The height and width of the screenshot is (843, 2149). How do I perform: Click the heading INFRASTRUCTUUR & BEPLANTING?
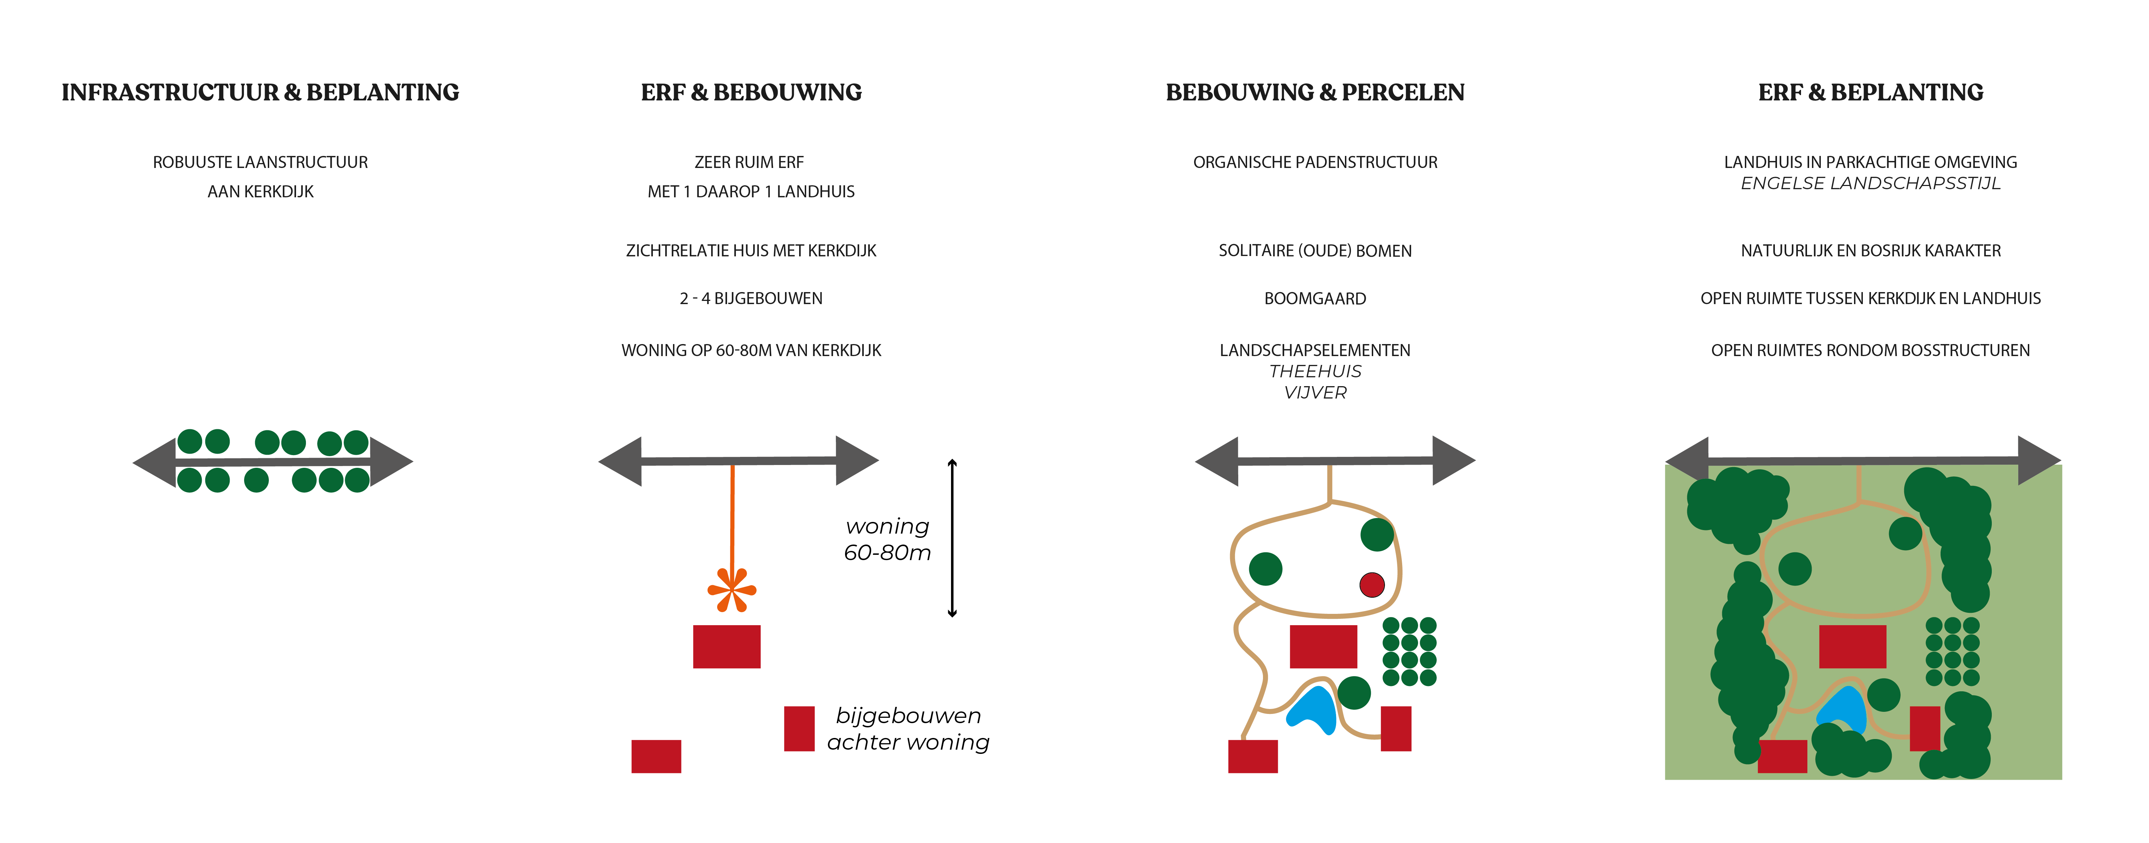(x=260, y=93)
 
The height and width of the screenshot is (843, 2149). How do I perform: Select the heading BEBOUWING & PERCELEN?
(x=1315, y=93)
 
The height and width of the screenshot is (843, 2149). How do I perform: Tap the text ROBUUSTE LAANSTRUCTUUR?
(x=260, y=162)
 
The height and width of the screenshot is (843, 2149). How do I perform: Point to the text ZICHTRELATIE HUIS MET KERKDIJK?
(x=751, y=250)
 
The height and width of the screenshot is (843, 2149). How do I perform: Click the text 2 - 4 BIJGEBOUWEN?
(x=751, y=298)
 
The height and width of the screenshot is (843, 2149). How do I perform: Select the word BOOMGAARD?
(x=1315, y=298)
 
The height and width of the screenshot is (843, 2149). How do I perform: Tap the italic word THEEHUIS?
(x=1315, y=371)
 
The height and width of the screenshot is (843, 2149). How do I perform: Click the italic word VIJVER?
(x=1315, y=392)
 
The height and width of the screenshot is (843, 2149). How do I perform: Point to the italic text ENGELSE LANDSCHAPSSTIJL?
(x=1870, y=184)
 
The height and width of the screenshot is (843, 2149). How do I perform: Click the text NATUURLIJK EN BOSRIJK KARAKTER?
(x=1870, y=250)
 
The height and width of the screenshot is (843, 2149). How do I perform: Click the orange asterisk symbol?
(x=732, y=589)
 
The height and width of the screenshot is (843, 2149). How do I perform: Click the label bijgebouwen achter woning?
(x=908, y=729)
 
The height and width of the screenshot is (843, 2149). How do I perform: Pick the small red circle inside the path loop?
(x=1371, y=584)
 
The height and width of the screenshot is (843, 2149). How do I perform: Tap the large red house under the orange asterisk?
(x=727, y=646)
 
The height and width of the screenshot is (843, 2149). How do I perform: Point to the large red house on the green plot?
(x=1852, y=646)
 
